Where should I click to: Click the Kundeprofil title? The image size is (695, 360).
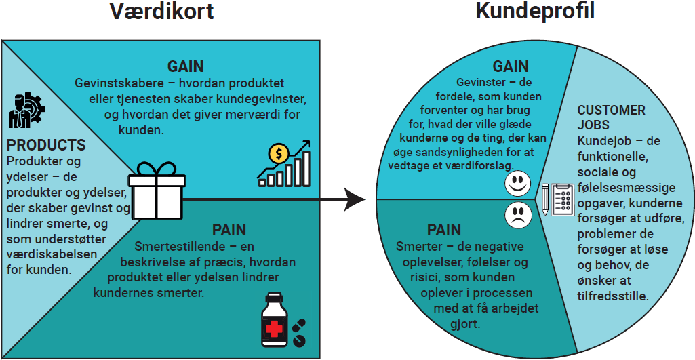[x=536, y=12]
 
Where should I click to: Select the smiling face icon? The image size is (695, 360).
[x=518, y=183]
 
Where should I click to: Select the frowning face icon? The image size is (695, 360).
[x=518, y=216]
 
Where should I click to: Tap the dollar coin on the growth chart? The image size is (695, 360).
[x=277, y=154]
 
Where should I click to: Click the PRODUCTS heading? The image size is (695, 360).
[x=46, y=146]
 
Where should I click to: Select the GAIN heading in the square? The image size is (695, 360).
[x=186, y=66]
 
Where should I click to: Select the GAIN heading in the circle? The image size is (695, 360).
[x=510, y=66]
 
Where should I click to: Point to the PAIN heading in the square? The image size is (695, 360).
[x=230, y=230]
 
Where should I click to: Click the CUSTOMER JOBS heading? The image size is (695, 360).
[x=611, y=117]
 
